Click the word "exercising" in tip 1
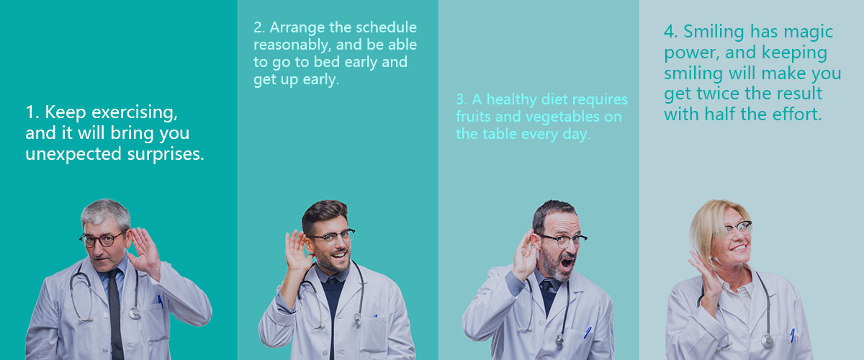click(134, 112)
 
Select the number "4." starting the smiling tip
click(671, 32)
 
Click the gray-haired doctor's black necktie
click(115, 313)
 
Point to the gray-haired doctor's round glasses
click(102, 239)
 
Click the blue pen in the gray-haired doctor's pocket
click(160, 301)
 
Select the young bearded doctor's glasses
click(333, 236)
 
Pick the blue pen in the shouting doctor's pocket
click(587, 332)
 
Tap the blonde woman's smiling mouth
click(739, 248)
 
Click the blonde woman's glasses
click(737, 228)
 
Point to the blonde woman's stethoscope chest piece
click(768, 341)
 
